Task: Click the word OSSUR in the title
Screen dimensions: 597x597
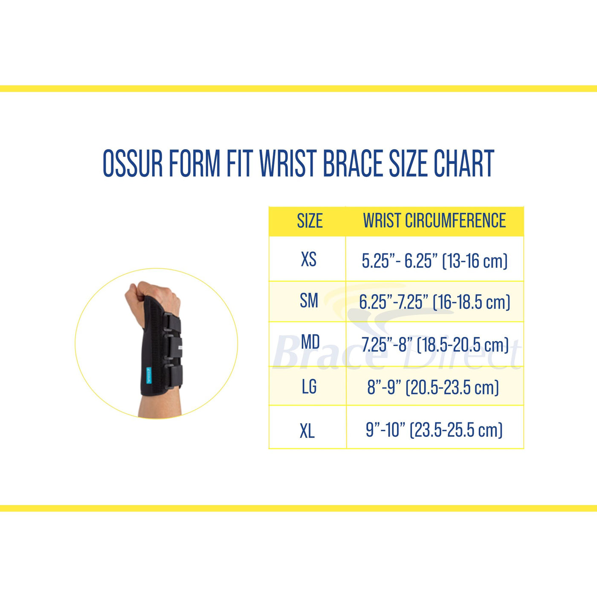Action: coord(133,163)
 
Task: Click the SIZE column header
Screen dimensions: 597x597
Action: coord(310,221)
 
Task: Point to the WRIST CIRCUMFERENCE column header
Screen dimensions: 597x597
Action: coord(434,221)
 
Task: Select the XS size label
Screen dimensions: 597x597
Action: coord(309,259)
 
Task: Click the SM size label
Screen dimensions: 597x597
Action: coord(309,301)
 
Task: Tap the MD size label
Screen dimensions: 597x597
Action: coord(310,342)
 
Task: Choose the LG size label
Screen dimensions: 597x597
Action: coord(309,387)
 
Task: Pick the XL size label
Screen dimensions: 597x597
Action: coord(307,431)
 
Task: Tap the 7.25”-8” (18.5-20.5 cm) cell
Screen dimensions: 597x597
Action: coord(435,345)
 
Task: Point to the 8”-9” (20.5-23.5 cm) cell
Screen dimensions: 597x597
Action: coord(433,387)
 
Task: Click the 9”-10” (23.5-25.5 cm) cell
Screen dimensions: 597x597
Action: coord(434,430)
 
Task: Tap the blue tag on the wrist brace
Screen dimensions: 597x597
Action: coord(149,375)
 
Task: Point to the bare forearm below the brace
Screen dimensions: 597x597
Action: coord(160,407)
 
